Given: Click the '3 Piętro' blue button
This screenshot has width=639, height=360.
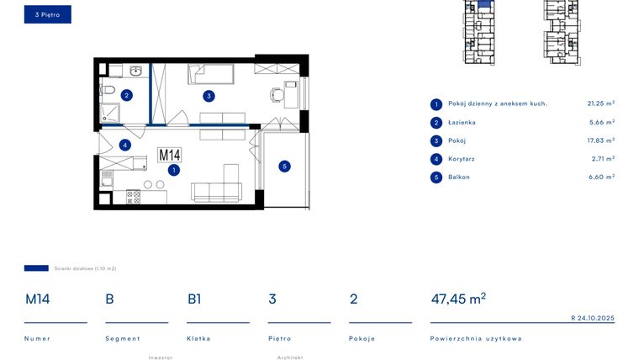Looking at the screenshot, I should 47,14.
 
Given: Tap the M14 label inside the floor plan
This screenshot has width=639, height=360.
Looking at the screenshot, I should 170,155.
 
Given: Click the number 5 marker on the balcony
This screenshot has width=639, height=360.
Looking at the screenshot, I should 284,167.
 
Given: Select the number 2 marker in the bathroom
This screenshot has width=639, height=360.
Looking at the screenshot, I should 126,95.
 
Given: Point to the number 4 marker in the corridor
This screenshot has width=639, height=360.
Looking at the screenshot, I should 124,145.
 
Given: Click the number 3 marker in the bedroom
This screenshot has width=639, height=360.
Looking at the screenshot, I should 209,96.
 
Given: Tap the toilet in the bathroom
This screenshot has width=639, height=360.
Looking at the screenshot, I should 108,90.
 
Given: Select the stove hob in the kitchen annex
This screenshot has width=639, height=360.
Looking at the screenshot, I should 133,197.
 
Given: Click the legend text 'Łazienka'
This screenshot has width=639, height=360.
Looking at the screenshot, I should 462,122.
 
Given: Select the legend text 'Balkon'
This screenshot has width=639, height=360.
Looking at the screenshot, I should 458,177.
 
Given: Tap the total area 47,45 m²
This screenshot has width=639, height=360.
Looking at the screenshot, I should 458,299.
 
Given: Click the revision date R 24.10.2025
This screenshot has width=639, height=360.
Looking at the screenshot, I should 592,318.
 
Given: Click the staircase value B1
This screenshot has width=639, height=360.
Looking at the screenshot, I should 194,299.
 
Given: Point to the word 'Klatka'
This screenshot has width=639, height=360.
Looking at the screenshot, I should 198,338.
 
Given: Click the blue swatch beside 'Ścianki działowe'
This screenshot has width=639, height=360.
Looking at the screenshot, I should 36,268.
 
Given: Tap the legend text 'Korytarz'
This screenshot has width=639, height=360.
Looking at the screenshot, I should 462,159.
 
